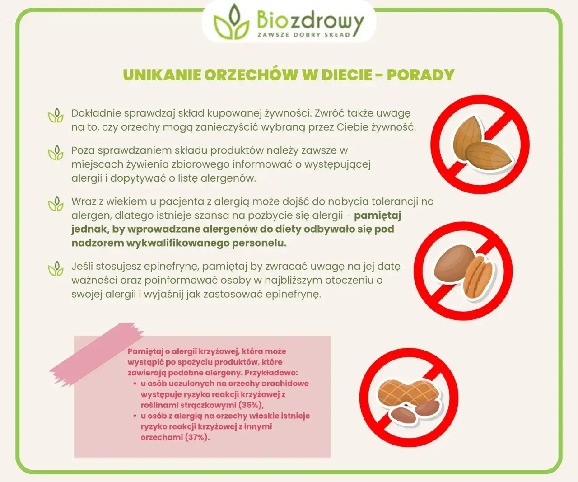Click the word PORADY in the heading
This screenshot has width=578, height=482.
[420, 75]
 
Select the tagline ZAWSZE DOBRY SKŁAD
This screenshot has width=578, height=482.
[303, 34]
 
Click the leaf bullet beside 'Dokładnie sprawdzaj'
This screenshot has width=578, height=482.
[56, 116]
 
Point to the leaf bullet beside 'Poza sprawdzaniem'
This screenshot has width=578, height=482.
[56, 153]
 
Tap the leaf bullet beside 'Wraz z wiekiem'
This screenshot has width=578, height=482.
[56, 204]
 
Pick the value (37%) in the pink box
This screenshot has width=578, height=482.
[197, 437]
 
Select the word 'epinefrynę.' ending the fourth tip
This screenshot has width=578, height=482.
[293, 294]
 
